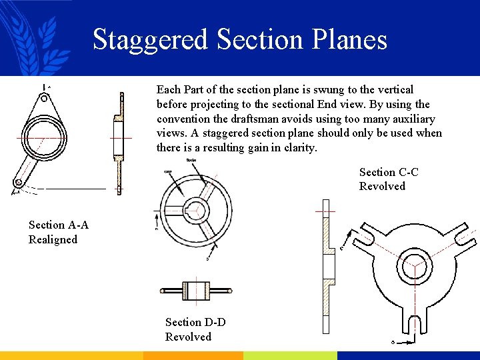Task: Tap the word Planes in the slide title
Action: tap(355, 39)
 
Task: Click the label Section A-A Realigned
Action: tap(59, 232)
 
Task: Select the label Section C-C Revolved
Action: tap(389, 179)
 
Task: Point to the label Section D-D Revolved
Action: tap(195, 329)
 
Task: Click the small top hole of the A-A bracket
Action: tap(44, 98)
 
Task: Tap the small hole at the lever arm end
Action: tap(19, 182)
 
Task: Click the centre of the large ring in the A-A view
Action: tap(45, 137)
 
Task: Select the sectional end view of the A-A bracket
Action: tap(119, 143)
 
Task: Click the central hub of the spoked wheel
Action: tap(196, 209)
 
